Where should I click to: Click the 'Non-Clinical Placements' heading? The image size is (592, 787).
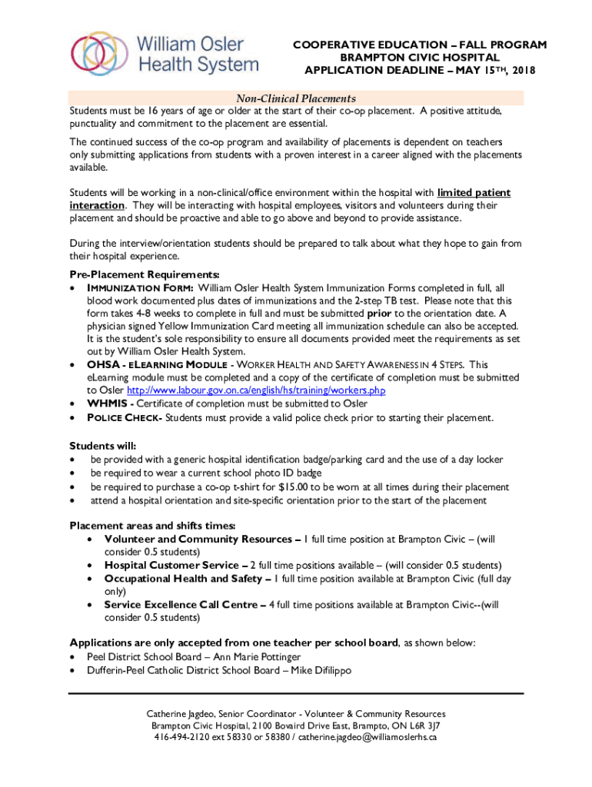pyautogui.click(x=296, y=98)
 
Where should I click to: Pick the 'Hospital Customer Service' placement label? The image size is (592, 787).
pyautogui.click(x=171, y=565)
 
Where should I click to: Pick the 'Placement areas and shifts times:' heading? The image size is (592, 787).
pyautogui.click(x=152, y=526)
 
